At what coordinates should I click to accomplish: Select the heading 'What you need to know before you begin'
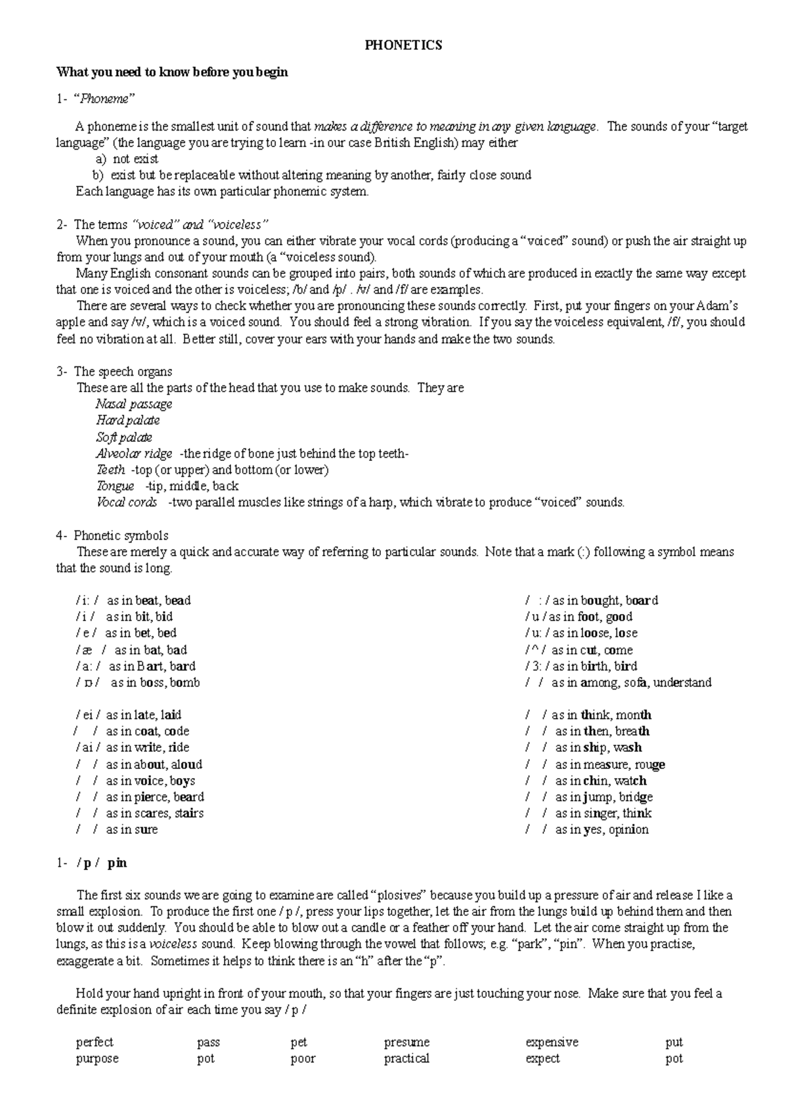172,72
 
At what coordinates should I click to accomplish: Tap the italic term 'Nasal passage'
134,404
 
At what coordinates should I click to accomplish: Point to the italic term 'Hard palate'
128,421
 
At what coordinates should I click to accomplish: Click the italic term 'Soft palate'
124,437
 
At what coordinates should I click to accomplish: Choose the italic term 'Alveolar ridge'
134,454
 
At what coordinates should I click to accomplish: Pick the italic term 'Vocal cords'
127,503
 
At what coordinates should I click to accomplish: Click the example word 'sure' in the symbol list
146,830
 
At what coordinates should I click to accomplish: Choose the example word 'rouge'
649,764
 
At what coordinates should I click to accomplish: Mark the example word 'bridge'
635,797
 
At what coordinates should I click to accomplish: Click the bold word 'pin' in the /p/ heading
117,863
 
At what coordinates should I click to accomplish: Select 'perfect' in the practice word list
95,1042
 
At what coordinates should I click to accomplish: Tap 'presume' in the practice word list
406,1042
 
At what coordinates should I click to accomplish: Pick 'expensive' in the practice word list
552,1042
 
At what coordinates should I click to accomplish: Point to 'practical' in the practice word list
406,1059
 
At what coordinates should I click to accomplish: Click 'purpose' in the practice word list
97,1059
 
